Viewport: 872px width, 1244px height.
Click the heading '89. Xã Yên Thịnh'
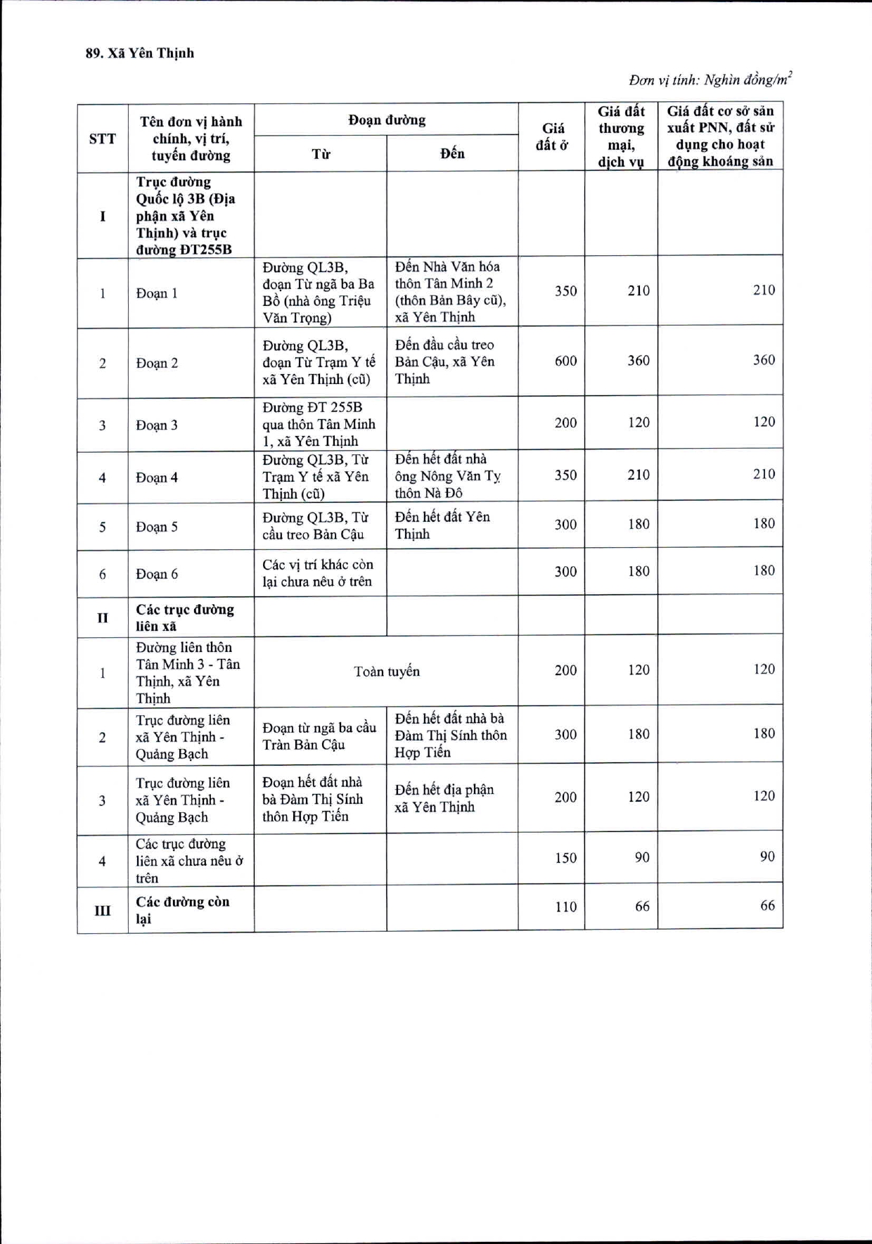[140, 53]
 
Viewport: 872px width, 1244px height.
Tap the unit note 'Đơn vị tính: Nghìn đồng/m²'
[710, 79]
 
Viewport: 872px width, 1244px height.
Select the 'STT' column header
[103, 139]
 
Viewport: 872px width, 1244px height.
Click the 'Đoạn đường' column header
[386, 120]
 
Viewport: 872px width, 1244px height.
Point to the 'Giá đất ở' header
[552, 136]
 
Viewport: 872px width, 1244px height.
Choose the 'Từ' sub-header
[321, 154]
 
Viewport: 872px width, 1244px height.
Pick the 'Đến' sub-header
[452, 153]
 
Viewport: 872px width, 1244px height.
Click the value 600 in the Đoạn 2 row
[565, 361]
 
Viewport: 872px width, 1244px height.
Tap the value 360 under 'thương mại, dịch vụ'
[638, 361]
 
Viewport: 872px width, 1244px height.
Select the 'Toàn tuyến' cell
[386, 672]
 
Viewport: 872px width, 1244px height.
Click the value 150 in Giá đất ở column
[565, 858]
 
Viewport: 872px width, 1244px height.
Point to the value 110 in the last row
[565, 907]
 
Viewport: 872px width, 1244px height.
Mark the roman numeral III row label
[103, 911]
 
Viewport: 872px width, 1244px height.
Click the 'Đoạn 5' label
[157, 527]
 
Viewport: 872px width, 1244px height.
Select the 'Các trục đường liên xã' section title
[185, 617]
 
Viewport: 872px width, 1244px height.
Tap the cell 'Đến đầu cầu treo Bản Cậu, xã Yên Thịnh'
[444, 361]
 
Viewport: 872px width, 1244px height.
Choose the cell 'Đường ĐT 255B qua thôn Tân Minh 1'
[319, 424]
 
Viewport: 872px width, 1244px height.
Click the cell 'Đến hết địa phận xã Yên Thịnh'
[444, 798]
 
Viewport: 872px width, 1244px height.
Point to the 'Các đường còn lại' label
[182, 910]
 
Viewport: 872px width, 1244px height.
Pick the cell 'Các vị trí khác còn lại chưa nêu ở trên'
[317, 573]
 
